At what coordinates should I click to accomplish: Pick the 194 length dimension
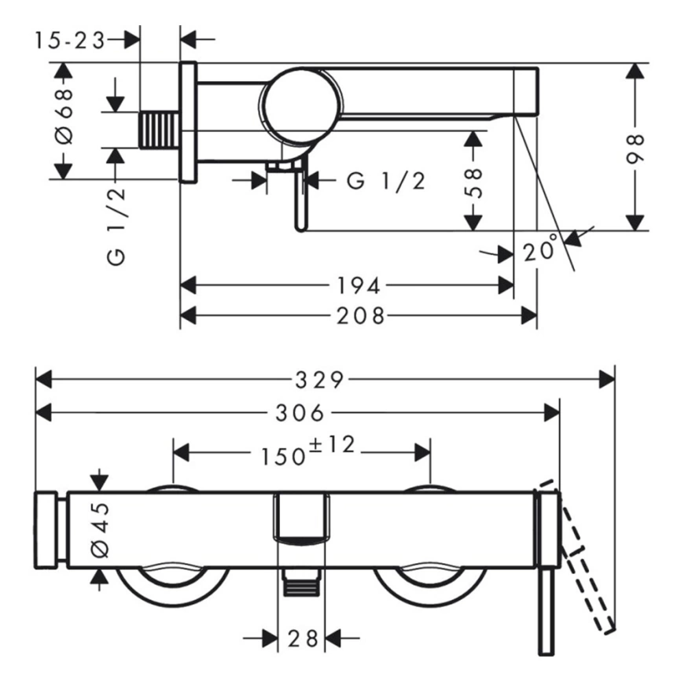[359, 284]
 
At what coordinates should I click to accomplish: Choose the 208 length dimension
[359, 315]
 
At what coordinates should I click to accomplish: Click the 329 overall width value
[321, 380]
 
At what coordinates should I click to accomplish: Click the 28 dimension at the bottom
[303, 639]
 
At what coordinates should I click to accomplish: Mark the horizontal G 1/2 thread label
[386, 181]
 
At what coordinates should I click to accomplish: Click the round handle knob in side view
[302, 105]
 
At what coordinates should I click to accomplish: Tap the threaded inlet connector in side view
[160, 130]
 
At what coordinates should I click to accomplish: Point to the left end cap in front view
[47, 530]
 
